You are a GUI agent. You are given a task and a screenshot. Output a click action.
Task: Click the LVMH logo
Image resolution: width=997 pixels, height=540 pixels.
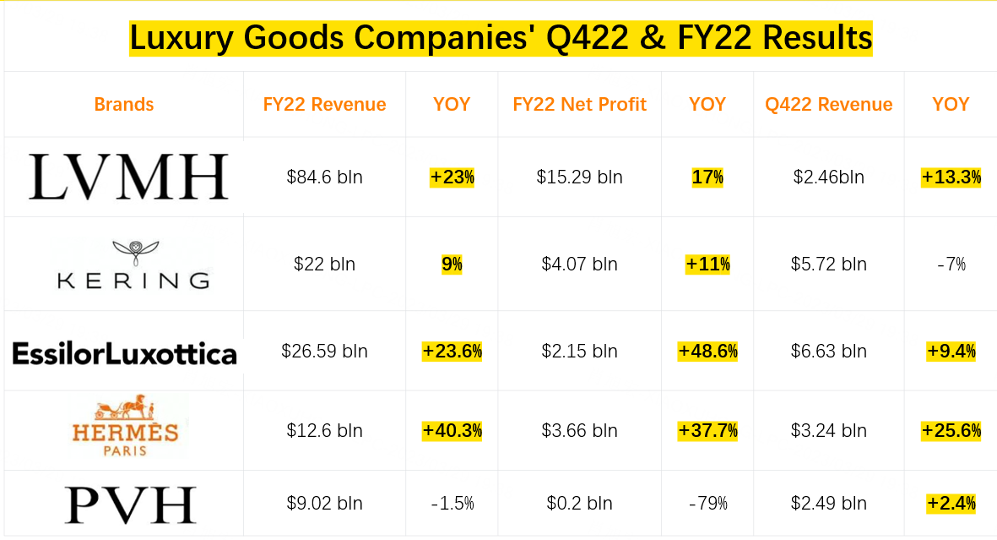coord(128,177)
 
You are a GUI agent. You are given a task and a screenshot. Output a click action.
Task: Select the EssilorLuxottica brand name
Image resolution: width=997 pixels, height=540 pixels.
coord(124,352)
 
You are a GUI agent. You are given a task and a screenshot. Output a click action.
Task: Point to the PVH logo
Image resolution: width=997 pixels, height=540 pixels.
coord(130,505)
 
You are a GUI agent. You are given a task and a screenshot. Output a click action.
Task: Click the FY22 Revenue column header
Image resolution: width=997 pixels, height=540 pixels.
coord(324,105)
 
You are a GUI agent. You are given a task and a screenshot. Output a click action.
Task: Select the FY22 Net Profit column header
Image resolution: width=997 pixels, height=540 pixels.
coord(579,105)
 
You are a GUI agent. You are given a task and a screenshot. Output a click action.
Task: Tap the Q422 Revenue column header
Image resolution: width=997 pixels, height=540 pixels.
coord(828,105)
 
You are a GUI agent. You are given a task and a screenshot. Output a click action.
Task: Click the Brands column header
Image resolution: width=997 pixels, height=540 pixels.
coord(124,105)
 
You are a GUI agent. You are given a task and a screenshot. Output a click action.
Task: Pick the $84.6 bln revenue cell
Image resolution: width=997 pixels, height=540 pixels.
coord(324,177)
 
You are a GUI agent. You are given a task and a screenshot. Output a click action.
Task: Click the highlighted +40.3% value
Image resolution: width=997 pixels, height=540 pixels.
coord(452,431)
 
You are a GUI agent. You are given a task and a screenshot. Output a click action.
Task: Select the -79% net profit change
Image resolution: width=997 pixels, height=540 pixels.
coord(707,504)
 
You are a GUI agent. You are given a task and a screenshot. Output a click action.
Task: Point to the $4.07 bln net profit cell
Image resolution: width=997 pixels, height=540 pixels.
coord(579,265)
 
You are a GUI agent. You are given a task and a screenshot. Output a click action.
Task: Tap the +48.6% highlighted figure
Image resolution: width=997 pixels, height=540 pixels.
coord(707,352)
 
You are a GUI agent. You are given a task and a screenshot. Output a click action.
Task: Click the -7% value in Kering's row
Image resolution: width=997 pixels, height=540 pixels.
coord(951,265)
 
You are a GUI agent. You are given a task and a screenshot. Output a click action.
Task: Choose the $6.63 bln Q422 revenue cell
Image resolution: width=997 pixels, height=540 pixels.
coord(828,352)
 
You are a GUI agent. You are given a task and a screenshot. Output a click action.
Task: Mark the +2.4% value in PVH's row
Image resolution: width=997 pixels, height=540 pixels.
coord(951,504)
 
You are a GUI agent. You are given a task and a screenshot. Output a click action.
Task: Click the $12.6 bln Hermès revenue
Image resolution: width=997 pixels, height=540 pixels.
coord(324,431)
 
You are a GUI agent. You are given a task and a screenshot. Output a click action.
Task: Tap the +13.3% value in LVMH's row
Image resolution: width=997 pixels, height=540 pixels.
coord(951,177)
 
